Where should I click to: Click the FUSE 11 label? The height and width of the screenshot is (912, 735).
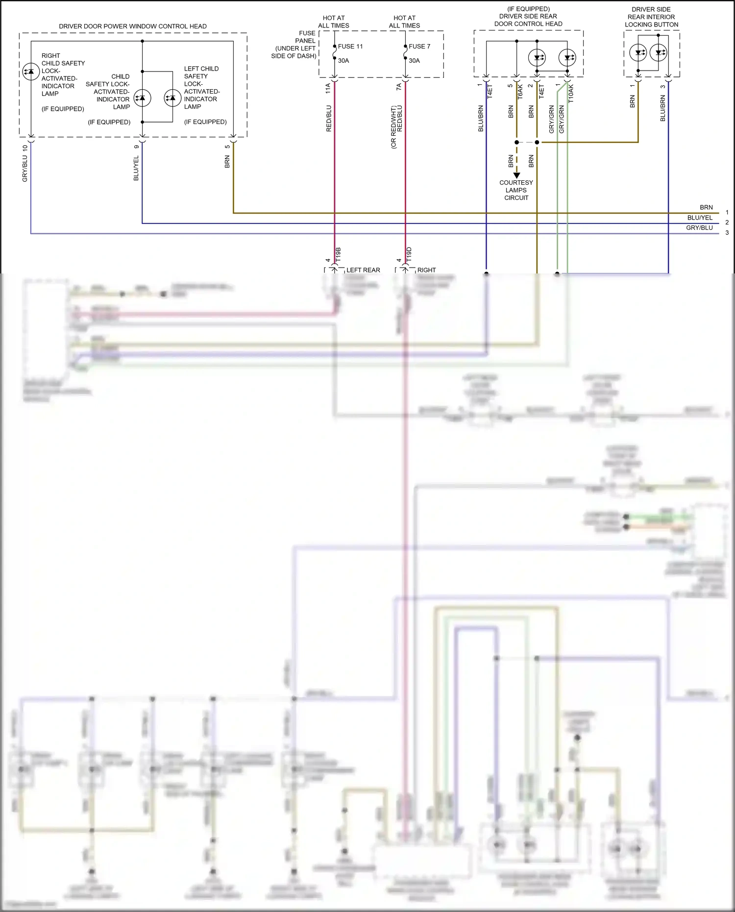(350, 47)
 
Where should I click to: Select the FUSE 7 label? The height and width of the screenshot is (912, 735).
(419, 47)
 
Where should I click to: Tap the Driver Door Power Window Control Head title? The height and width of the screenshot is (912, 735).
(133, 26)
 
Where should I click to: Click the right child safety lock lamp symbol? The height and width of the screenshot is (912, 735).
(31, 72)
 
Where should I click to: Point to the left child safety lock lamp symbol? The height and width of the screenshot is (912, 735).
(172, 98)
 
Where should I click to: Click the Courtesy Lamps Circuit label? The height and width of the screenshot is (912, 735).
(516, 190)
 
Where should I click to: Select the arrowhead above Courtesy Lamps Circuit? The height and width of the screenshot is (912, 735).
(516, 175)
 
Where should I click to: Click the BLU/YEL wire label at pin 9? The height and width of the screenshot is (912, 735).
(136, 168)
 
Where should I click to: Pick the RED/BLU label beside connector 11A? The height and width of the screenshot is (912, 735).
(329, 118)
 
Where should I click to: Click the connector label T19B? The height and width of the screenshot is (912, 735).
(338, 254)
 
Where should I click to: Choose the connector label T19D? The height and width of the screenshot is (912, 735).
(409, 254)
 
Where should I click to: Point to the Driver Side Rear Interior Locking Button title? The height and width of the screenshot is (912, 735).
(651, 17)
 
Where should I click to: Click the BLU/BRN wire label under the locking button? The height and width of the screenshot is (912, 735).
(663, 108)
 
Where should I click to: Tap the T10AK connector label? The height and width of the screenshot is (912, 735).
(571, 93)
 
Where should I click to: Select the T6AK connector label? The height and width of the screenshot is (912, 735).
(520, 92)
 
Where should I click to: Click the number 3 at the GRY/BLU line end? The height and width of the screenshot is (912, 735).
(727, 233)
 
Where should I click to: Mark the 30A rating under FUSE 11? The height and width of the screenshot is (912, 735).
(343, 61)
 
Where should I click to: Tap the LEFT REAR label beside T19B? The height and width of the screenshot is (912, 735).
(363, 270)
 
